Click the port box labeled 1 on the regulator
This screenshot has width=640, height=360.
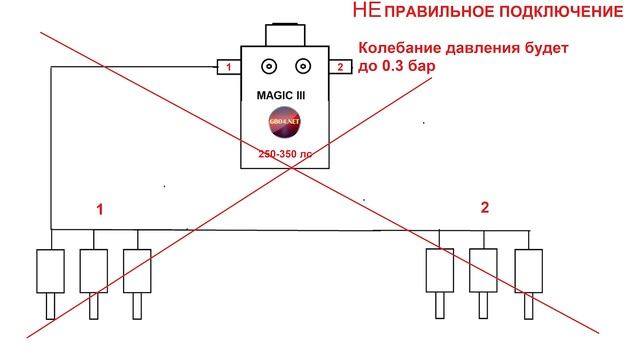pyautogui.click(x=230, y=68)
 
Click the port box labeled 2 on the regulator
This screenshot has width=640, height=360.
pyautogui.click(x=341, y=68)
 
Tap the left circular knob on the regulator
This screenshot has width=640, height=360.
pyautogui.click(x=269, y=68)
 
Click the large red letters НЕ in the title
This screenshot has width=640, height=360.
pyautogui.click(x=368, y=13)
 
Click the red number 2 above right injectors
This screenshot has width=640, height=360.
pyautogui.click(x=485, y=208)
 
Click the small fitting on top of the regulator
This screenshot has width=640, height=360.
pyautogui.click(x=285, y=29)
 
